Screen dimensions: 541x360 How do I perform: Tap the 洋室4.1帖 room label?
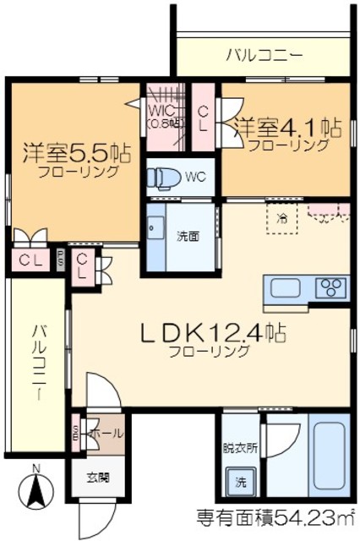pos(288,128)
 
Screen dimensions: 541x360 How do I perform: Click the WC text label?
pos(196,178)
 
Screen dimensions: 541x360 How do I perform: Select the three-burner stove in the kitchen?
pos(330,287)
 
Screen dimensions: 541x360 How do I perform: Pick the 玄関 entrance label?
pos(97,478)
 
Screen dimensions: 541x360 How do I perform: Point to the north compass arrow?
pos(35,490)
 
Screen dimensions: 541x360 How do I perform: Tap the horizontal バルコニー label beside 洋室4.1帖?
pos(265,57)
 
